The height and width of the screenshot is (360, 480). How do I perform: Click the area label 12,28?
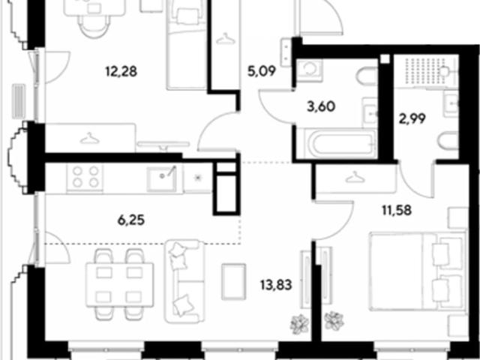point(121,72)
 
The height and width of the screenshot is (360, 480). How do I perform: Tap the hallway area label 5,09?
point(262,71)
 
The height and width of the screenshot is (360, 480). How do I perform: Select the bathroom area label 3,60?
point(321,106)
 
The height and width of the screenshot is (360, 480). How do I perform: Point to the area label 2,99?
point(412,118)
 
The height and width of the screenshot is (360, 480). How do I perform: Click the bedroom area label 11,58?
point(397,210)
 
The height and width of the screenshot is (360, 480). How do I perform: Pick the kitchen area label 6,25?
point(131,220)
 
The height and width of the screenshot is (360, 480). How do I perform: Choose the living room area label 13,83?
point(276,285)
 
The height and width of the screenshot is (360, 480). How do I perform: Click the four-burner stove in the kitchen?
point(85,177)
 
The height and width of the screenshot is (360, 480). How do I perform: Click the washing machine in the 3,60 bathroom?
point(310,70)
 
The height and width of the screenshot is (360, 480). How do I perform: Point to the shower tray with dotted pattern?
point(426,71)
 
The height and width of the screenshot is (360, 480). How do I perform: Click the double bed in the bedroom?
point(418,271)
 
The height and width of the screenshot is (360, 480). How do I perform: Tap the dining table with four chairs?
point(120,285)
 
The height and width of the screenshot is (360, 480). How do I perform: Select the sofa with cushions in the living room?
point(184,281)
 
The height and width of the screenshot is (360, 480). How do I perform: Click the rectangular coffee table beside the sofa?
point(233,281)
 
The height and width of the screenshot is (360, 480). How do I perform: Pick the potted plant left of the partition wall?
point(299,324)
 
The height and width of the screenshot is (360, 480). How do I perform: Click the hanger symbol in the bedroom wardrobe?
point(355,177)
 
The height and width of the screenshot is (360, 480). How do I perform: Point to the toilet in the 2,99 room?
point(448,140)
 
